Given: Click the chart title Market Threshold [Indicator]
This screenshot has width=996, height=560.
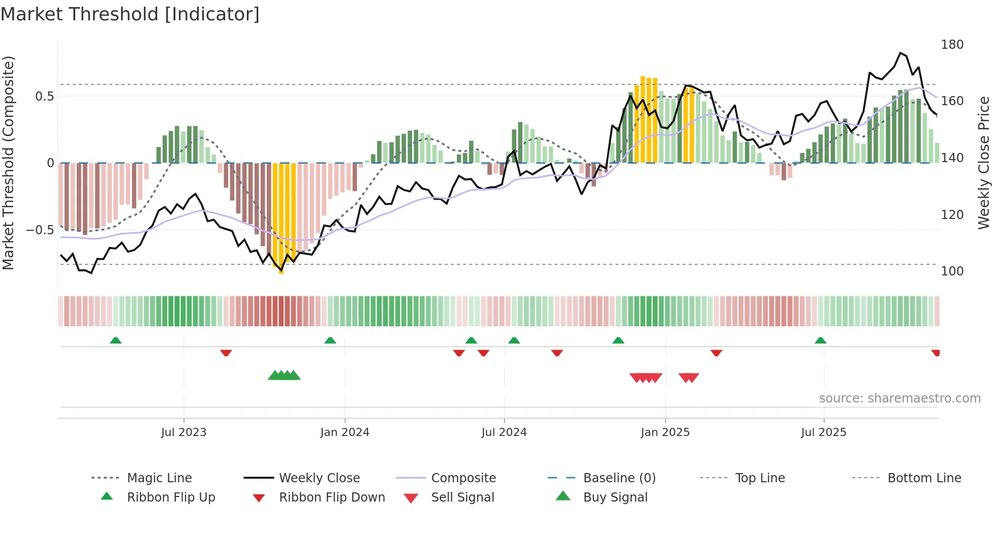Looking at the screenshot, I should click(x=130, y=14).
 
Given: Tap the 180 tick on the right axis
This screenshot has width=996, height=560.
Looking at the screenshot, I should click(x=952, y=45).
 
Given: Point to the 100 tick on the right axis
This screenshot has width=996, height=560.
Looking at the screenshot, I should click(x=952, y=271).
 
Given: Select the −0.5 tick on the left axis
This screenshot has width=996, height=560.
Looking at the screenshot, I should click(x=40, y=230).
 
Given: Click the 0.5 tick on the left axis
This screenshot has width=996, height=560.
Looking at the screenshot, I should click(x=44, y=97).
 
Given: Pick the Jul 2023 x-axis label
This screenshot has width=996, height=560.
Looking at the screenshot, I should click(x=183, y=432).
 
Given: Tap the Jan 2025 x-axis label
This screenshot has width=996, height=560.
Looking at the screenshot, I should click(x=665, y=432).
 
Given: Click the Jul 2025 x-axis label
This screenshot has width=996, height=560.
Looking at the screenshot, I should click(x=823, y=432).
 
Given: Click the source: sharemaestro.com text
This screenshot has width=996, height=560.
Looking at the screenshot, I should click(x=899, y=398).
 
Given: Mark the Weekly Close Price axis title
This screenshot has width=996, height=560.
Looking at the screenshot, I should click(x=984, y=163).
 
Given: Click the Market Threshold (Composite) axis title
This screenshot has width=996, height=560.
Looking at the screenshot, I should click(x=8, y=163).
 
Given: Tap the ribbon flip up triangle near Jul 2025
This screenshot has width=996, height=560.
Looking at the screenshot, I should click(x=820, y=340).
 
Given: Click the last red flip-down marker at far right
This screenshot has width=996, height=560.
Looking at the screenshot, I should click(x=936, y=353).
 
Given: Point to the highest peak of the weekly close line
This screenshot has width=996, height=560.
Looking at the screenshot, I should click(x=900, y=53).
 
